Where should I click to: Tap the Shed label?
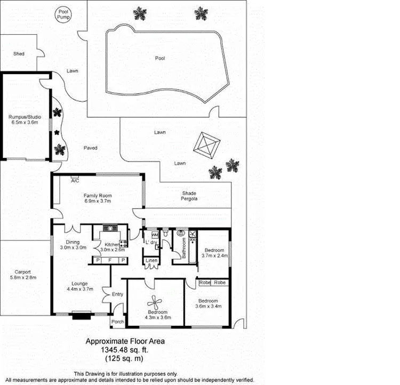point(19,54)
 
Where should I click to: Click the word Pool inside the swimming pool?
point(159,58)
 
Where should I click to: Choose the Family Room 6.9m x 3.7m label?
point(97,198)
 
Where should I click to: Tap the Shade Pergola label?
point(189,196)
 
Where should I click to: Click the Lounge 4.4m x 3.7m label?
point(80,286)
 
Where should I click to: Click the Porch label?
point(117,322)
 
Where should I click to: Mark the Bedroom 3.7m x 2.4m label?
point(214,252)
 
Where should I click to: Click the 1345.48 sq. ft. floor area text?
point(125,350)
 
